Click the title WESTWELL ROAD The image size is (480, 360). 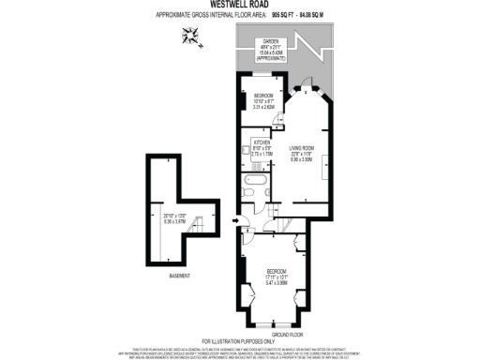239,5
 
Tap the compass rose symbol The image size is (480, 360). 193,37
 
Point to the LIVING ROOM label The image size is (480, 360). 300,147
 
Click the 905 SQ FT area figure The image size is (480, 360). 281,16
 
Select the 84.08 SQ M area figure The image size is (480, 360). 317,16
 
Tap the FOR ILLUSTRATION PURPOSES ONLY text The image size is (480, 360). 240,341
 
